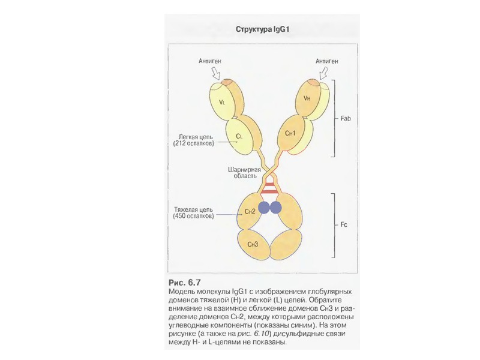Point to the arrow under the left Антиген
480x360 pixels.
point(217,74)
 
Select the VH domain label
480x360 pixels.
point(307,98)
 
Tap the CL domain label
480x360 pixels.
point(239,136)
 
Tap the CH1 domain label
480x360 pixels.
point(291,133)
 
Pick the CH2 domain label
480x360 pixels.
point(250,212)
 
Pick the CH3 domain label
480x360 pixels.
point(253,244)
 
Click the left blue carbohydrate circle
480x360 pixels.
point(265,208)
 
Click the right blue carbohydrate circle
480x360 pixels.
point(276,208)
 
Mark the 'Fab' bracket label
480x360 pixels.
point(345,119)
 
